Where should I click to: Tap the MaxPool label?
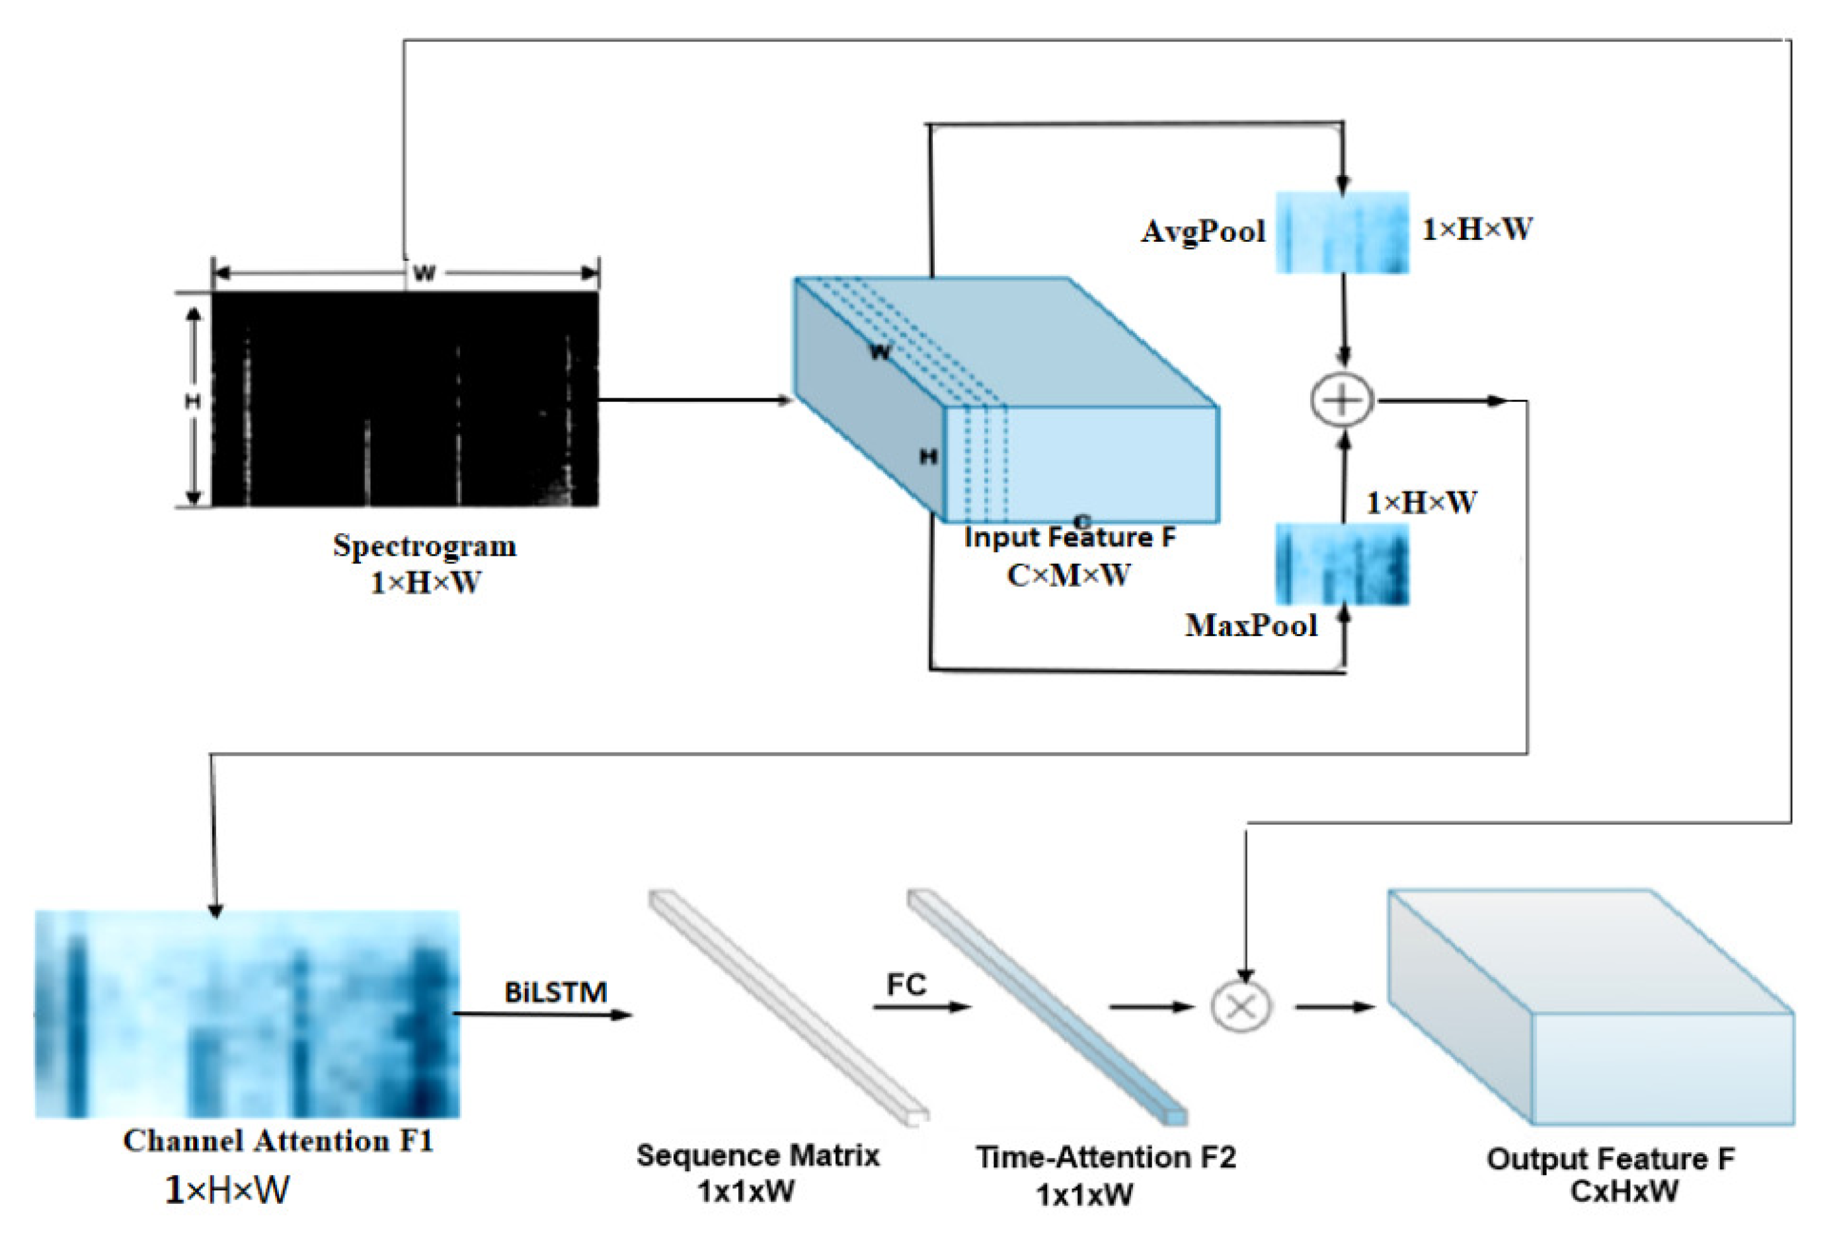click(1250, 626)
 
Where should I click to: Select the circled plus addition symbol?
click(1342, 400)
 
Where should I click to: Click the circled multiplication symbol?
click(1241, 1006)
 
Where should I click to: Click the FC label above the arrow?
click(906, 985)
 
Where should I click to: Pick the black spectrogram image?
click(405, 399)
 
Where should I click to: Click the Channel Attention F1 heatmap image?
click(247, 1014)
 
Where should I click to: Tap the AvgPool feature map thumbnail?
click(1342, 233)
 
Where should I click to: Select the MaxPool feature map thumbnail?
click(1342, 564)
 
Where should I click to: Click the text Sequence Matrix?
click(758, 1155)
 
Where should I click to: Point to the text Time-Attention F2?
click(1105, 1157)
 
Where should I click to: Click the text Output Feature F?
click(1610, 1159)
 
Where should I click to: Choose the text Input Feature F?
click(1070, 537)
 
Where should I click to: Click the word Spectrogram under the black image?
click(424, 546)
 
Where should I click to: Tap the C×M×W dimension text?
click(1068, 575)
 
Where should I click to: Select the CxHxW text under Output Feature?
click(1624, 1190)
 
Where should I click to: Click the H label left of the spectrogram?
click(192, 402)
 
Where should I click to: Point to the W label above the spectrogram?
click(424, 274)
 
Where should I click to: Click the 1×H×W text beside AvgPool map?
click(1477, 229)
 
